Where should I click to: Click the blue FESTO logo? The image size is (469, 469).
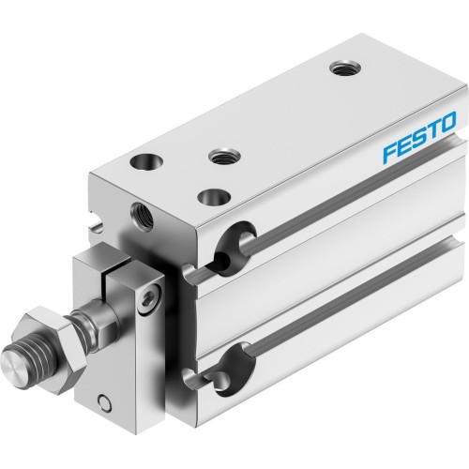tap(419, 128)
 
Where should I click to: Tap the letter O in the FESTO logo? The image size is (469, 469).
tap(448, 120)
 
